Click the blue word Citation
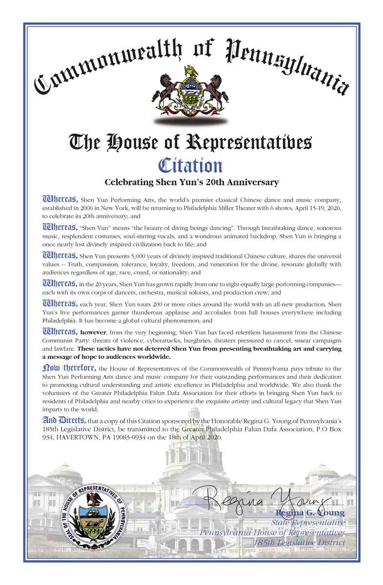click(x=191, y=165)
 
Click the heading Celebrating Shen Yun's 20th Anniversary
click(x=192, y=182)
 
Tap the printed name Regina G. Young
click(x=310, y=513)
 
